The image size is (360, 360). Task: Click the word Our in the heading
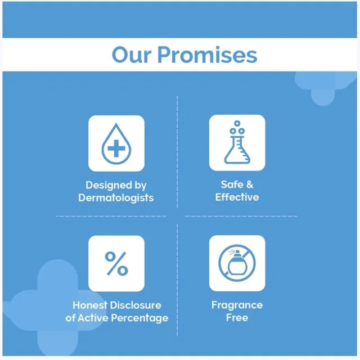pos(132,55)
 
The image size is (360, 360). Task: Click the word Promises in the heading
pos(208,55)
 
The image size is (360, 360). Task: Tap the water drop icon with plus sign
pos(116,144)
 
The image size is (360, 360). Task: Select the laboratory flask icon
pos(237,142)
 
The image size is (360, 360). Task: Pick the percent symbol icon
pos(116,263)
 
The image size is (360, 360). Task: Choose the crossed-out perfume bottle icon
pos(237,263)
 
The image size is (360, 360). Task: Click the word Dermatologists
pos(116,198)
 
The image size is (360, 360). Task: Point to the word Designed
pos(106,186)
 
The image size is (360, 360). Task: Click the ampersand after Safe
pos(250,184)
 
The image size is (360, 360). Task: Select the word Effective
pos(237,197)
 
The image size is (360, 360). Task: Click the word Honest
pos(90,305)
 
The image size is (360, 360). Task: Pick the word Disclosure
pos(136,305)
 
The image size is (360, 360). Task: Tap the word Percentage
pos(139,318)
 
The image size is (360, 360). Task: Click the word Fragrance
pos(237,305)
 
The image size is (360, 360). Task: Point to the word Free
pos(237,318)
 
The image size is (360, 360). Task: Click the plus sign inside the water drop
pos(116,148)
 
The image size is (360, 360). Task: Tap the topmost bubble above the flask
pos(237,123)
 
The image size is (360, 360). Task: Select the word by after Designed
pos(141,186)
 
